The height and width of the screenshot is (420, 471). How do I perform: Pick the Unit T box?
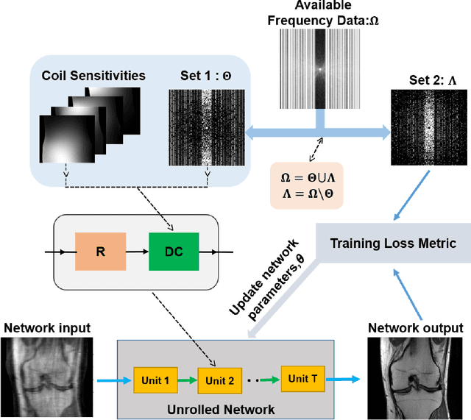pyautogui.click(x=302, y=378)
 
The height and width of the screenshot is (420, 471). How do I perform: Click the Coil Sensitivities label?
pyautogui.click(x=93, y=75)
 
